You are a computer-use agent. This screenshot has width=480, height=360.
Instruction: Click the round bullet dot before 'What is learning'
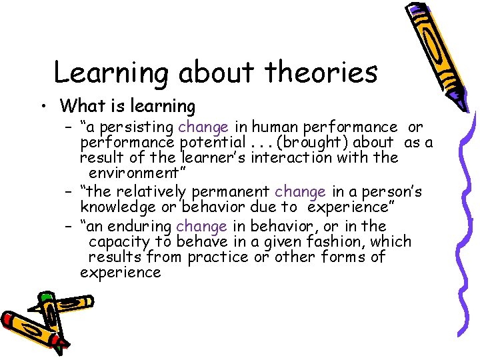(x=42, y=107)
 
